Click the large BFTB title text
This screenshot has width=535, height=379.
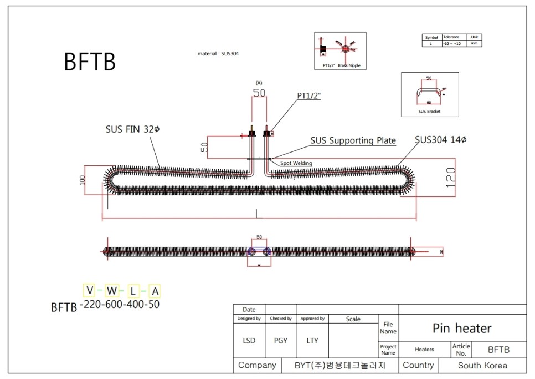90,62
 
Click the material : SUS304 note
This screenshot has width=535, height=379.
218,54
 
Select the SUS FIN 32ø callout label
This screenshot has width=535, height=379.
132,129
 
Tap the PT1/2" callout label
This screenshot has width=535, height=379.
309,96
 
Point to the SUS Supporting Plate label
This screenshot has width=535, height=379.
353,140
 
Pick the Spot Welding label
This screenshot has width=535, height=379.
296,163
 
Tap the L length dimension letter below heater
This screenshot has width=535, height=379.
259,213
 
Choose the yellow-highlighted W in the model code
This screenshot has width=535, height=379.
112,290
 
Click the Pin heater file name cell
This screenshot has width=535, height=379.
462,329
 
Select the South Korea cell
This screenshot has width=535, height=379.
482,366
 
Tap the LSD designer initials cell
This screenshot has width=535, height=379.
249,341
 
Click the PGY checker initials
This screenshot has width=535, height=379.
281,341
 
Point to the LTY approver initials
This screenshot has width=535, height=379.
312,341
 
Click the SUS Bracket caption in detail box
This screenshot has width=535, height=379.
429,112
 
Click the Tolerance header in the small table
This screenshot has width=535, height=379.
451,37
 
